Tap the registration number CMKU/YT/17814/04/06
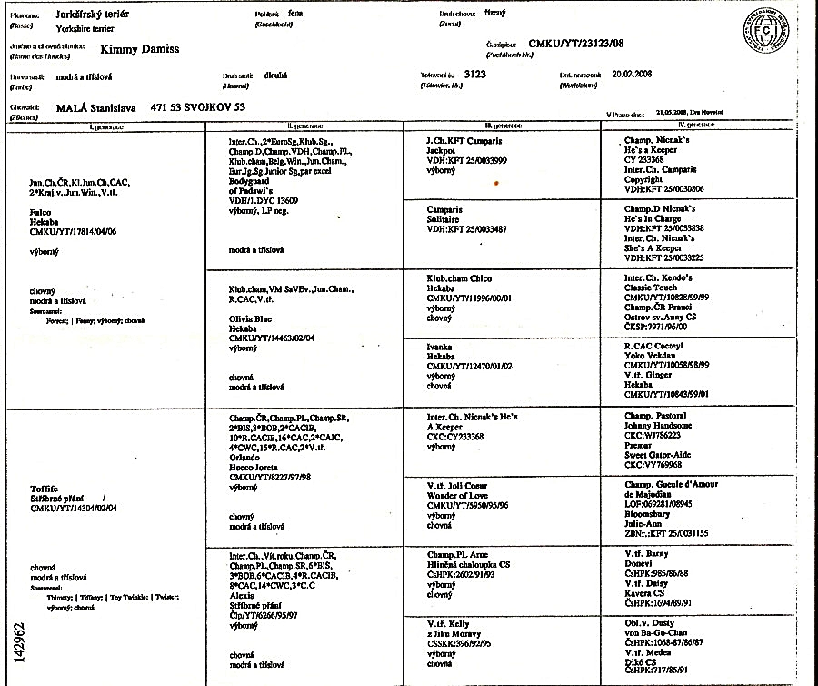pyautogui.click(x=74, y=232)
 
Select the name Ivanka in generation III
pyautogui.click(x=441, y=347)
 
